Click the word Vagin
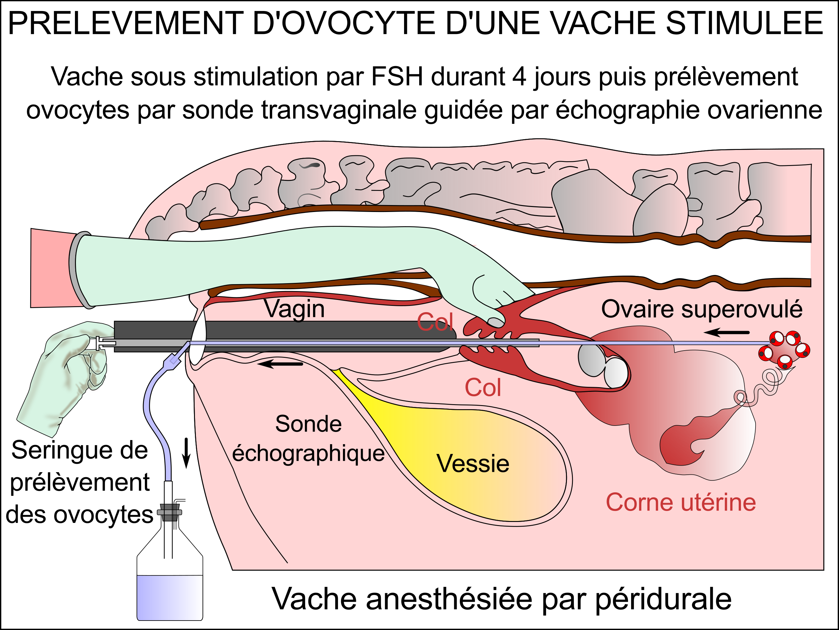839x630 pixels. [x=294, y=309]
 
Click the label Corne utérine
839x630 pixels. [x=681, y=502]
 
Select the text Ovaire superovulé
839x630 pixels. [x=702, y=309]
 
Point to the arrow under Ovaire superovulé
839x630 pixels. [x=726, y=333]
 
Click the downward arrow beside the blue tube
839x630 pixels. [x=186, y=453]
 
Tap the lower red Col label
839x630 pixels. [x=483, y=388]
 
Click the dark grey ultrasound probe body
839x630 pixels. [x=284, y=336]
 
